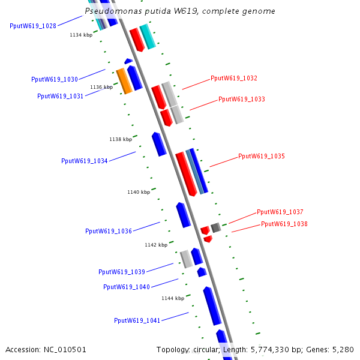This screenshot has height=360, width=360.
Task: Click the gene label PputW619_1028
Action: (x=33, y=26)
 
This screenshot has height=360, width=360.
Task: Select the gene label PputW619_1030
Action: (x=55, y=79)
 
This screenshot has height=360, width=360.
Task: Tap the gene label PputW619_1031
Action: (x=61, y=96)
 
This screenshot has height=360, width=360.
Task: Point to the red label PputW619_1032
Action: (x=234, y=79)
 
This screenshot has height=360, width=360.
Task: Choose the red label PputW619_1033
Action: (x=242, y=99)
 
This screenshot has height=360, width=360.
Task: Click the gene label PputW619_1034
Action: (x=85, y=161)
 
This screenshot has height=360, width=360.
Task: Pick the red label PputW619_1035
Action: (x=262, y=156)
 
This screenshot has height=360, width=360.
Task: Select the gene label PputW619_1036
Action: (x=109, y=231)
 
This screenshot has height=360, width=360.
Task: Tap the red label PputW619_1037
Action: (x=280, y=212)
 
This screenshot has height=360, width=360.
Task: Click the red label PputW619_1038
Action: (x=284, y=224)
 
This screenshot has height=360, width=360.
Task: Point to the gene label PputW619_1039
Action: (x=122, y=272)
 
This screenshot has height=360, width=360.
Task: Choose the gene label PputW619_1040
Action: (x=127, y=287)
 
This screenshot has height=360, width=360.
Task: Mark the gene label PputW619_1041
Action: (x=137, y=320)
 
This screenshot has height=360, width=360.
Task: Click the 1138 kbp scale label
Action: (x=121, y=139)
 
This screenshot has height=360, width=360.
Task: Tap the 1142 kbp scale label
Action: (x=156, y=245)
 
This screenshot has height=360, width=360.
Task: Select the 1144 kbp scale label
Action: (x=173, y=298)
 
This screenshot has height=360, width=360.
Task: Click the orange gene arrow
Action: (x=124, y=81)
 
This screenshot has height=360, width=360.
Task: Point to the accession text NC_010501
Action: (x=64, y=349)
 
